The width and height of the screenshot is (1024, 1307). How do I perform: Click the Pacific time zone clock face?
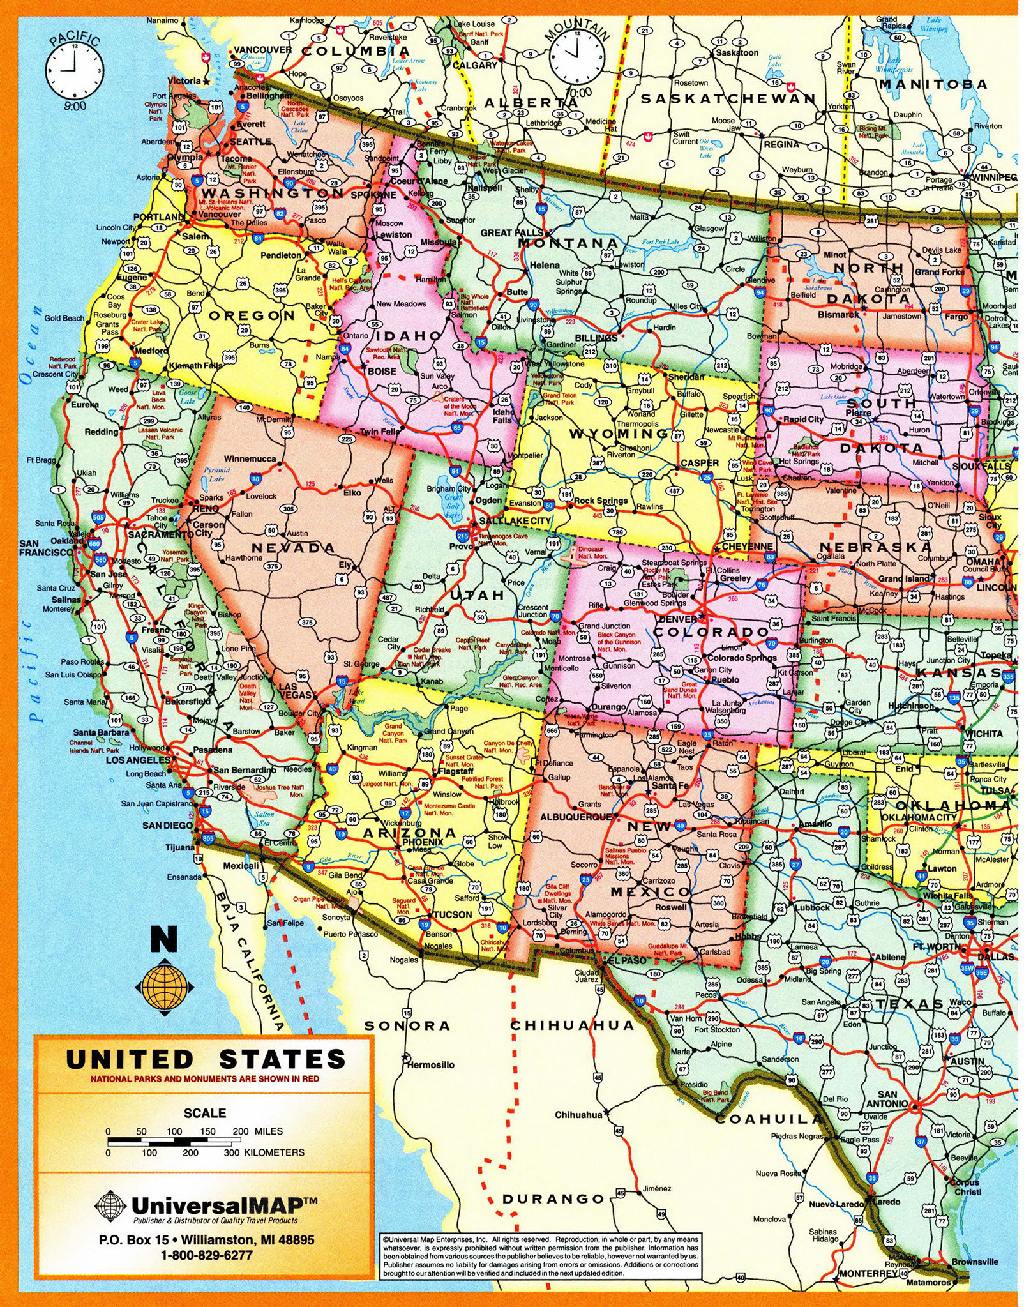click(75, 68)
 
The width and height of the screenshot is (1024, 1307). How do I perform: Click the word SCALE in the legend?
click(205, 1113)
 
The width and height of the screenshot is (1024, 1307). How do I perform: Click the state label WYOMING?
click(619, 434)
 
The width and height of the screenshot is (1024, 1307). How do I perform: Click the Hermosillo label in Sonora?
click(431, 1064)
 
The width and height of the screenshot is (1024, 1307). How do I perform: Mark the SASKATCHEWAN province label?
click(728, 99)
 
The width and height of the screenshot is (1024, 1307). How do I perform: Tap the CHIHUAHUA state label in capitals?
click(572, 1025)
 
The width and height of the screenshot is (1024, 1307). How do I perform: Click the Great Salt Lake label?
click(453, 505)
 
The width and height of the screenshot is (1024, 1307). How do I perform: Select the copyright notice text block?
click(540, 1255)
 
